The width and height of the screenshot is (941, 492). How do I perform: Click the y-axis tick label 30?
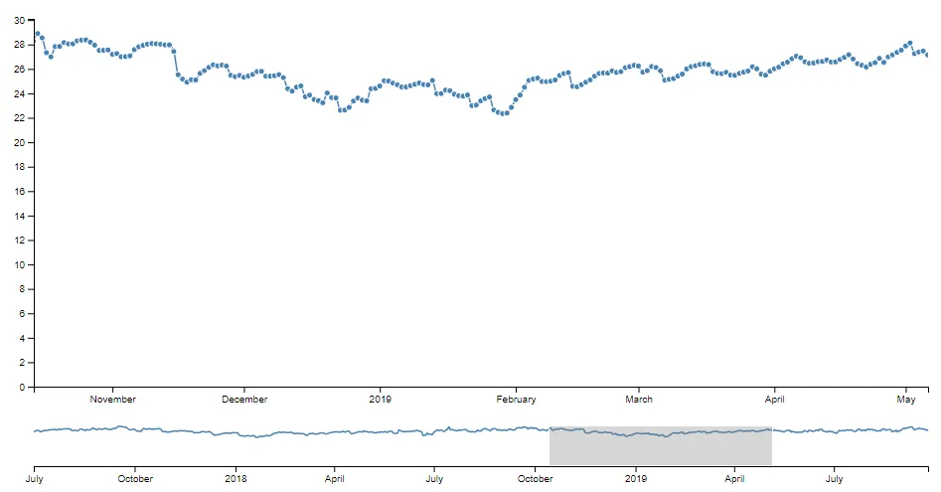click(18, 20)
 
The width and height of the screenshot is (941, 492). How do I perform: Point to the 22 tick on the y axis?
click(18, 118)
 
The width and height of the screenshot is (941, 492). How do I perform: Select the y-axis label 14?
click(18, 216)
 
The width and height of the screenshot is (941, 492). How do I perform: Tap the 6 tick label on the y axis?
click(21, 314)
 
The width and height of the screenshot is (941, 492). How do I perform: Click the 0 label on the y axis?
click(21, 388)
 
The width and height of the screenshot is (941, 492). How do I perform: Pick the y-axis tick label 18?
click(18, 167)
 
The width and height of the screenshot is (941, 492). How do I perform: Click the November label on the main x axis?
click(112, 400)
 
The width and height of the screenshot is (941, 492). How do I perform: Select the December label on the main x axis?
click(244, 400)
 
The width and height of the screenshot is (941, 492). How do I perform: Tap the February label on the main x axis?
click(516, 400)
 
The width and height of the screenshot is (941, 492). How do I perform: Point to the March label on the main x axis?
click(639, 400)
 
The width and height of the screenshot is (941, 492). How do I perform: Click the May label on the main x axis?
click(906, 400)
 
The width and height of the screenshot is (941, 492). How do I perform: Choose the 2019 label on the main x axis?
click(381, 400)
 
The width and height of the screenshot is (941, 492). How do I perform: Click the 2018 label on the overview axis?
click(236, 478)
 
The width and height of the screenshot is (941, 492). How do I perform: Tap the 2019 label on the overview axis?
click(636, 478)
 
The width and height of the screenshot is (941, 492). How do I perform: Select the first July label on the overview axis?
click(35, 478)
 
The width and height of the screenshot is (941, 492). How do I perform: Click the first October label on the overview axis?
click(135, 478)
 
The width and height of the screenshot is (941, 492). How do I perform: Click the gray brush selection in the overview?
click(661, 445)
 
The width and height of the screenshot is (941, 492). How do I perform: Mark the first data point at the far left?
click(38, 34)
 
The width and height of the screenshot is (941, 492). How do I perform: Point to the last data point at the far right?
click(927, 55)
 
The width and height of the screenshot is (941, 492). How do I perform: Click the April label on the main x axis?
click(774, 400)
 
